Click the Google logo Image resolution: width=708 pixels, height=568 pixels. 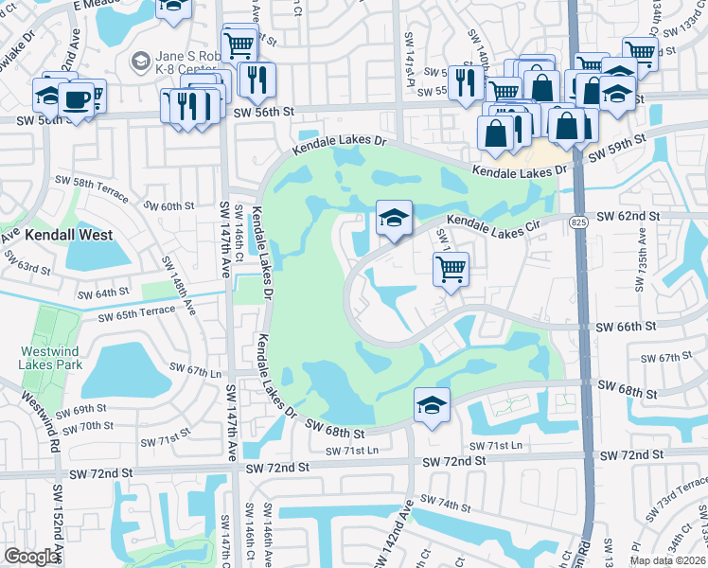32,557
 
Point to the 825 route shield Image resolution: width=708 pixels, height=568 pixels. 576,222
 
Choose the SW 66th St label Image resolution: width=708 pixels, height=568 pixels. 626,327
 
